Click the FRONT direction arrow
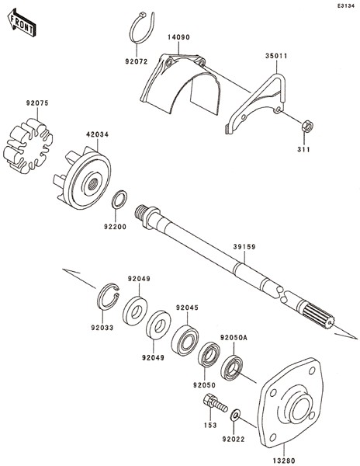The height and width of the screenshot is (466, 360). tap(22, 23)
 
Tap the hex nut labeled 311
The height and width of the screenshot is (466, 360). tap(307, 127)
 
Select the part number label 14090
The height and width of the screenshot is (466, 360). tap(178, 37)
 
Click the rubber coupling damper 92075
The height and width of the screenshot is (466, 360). tap(28, 145)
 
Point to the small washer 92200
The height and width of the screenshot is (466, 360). tap(119, 199)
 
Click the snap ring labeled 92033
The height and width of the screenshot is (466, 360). tap(108, 297)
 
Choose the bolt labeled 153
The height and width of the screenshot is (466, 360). tap(215, 403)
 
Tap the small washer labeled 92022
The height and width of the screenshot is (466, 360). tap(236, 415)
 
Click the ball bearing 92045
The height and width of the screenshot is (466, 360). tap(185, 339)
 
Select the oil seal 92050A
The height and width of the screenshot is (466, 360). tap(232, 367)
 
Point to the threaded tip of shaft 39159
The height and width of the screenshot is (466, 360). tap(140, 213)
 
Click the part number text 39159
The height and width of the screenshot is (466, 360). tap(244, 247)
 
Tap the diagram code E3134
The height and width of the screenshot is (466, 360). tap(346, 5)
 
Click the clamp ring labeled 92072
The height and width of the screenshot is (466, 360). tap(143, 28)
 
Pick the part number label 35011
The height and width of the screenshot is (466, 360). tap(276, 56)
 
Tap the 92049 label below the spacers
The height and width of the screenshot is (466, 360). tap(153, 358)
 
